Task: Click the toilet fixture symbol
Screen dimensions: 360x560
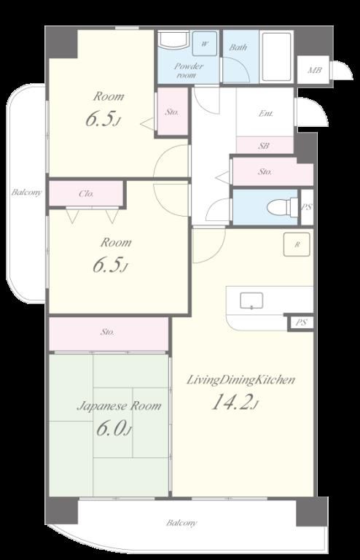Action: (282, 207)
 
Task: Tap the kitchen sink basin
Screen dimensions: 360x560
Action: (251, 300)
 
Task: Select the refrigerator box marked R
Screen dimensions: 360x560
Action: (297, 245)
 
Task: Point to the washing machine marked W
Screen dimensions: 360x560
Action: (205, 44)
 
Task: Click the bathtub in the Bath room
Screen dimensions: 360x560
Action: (277, 57)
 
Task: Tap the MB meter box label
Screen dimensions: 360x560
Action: (315, 70)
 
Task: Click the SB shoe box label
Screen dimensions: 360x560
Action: (264, 146)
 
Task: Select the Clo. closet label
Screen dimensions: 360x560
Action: (86, 194)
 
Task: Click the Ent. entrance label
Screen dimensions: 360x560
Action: (266, 114)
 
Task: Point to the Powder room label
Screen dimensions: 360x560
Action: (189, 70)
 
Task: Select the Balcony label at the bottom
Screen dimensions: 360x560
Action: (181, 523)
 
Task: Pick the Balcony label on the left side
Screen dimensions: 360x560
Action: (26, 192)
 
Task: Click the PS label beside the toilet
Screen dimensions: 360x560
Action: (307, 207)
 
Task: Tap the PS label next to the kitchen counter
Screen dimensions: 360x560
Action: (302, 322)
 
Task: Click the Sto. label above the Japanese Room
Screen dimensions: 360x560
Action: (107, 332)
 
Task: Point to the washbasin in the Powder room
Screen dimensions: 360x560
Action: (173, 39)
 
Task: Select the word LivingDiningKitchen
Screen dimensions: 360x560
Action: (240, 380)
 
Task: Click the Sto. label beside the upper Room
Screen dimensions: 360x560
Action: (172, 112)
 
